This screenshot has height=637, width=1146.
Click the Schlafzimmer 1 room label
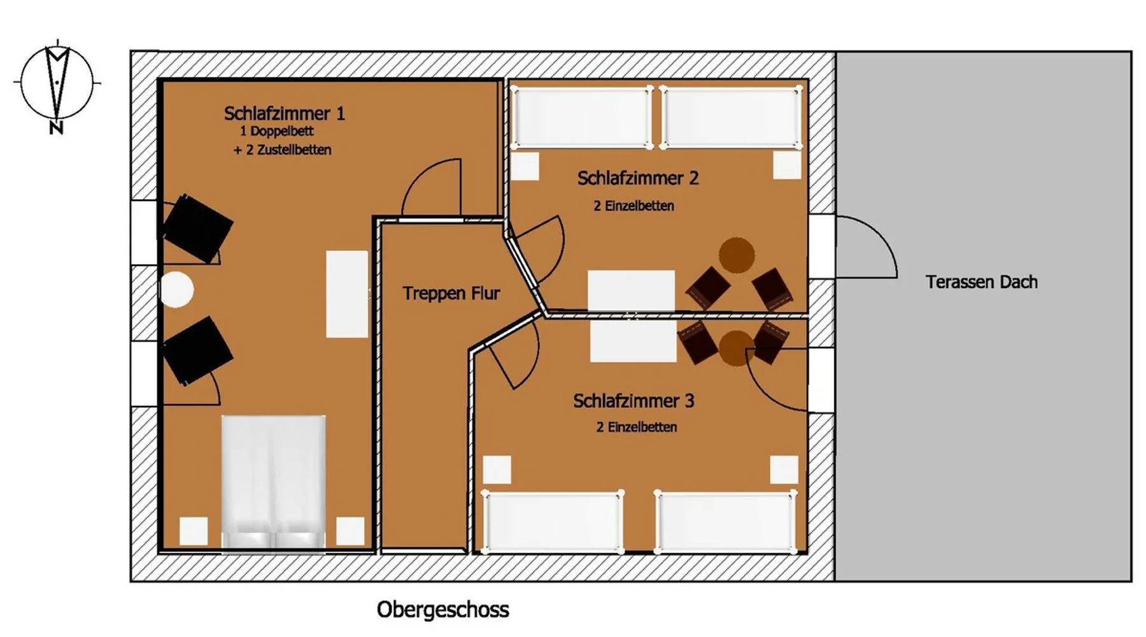tap(285, 113)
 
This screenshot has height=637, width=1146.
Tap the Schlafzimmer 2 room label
tap(638, 178)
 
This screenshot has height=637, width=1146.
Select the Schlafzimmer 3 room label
tap(633, 401)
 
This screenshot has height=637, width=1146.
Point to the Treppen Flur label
tap(451, 293)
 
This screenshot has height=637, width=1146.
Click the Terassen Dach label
tap(982, 282)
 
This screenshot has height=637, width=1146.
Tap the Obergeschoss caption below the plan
tap(443, 610)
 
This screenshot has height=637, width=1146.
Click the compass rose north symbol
tap(57, 82)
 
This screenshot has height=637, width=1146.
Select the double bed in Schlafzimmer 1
tap(274, 482)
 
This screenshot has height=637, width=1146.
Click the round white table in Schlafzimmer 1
tap(176, 290)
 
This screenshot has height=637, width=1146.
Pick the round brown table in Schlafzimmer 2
tap(737, 255)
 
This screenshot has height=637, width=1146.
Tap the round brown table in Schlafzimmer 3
tap(737, 348)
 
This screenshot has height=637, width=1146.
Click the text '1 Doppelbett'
tap(277, 131)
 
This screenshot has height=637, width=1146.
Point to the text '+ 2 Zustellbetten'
tap(282, 150)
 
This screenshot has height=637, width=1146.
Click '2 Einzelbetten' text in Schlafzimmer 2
tap(633, 206)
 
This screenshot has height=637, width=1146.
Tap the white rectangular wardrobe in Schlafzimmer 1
tap(347, 294)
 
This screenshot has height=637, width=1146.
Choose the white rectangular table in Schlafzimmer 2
tap(631, 291)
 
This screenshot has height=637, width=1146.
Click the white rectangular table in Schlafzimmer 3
tap(633, 341)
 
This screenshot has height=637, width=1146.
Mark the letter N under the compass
tap(57, 128)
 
